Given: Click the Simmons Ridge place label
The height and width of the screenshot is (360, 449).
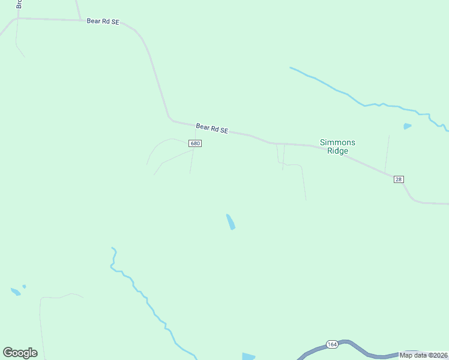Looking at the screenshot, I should [x=337, y=146].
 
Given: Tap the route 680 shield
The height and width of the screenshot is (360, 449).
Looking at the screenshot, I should [x=194, y=143].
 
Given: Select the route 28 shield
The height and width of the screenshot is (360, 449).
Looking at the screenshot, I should [x=399, y=179].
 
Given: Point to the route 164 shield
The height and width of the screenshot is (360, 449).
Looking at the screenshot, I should [x=332, y=344].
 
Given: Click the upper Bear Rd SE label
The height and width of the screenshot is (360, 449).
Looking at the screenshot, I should [x=103, y=21].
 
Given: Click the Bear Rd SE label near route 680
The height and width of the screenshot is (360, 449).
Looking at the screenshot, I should [x=212, y=128].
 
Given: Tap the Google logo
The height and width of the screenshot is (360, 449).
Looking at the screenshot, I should [x=20, y=353].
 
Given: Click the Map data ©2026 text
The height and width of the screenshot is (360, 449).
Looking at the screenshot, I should [x=424, y=355].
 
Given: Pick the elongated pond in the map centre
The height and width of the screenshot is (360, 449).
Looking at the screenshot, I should [x=230, y=222].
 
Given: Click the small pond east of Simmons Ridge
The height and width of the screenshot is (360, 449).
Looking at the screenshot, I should [x=408, y=126].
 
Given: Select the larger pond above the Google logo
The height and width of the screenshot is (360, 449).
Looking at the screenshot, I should [x=15, y=292].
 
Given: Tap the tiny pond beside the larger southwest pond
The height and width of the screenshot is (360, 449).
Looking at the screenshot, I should [x=24, y=286].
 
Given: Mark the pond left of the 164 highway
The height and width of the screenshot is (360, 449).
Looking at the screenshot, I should [x=249, y=356].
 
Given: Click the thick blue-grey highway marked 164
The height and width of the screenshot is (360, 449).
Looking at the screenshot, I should [x=360, y=350].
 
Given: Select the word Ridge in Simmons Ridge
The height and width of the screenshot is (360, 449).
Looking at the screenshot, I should [x=337, y=151].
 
